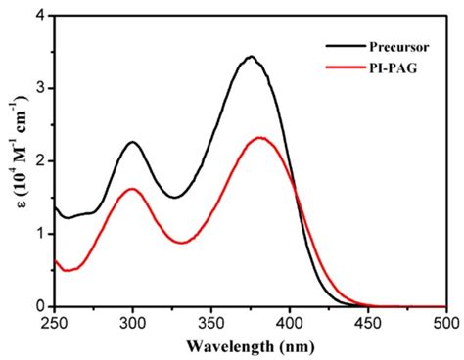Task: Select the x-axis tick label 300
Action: click(132, 323)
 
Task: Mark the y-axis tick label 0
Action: click(38, 306)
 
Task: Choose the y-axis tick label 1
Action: click(38, 234)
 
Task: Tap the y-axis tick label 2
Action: click(38, 161)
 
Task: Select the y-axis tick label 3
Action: click(38, 89)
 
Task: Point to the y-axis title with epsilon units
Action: click(13, 161)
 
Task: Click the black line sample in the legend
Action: click(342, 45)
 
